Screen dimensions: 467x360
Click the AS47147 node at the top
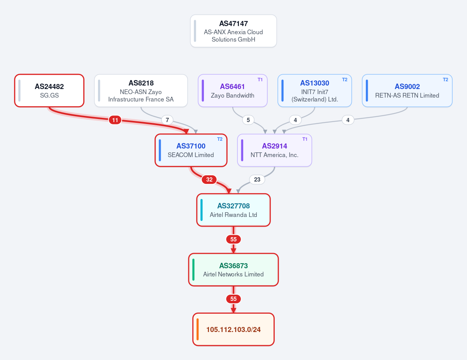point(233,31)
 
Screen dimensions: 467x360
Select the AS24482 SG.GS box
point(49,91)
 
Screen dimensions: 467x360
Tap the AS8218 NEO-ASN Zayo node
point(141,91)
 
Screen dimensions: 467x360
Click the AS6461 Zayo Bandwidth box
point(233,91)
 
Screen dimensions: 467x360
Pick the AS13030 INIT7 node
point(314,91)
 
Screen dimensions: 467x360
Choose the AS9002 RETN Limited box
point(407,91)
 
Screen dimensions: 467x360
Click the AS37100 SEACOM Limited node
point(191,150)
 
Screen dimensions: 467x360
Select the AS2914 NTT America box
point(274,150)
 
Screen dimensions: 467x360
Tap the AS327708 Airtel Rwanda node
point(233,210)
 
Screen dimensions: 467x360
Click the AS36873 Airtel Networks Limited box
point(233,270)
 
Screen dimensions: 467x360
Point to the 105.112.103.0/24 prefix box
point(233,329)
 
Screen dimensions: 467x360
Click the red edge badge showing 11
point(115,120)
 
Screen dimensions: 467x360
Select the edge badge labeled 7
point(167,120)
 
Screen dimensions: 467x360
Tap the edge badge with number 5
point(248,120)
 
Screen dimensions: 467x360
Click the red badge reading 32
point(209,180)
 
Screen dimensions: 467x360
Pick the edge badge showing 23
point(257,180)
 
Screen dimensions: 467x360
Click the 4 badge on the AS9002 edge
point(348,120)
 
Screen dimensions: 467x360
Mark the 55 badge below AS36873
point(233,299)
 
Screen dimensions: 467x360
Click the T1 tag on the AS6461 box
point(260,80)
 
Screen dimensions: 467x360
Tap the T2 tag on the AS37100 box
point(219,139)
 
